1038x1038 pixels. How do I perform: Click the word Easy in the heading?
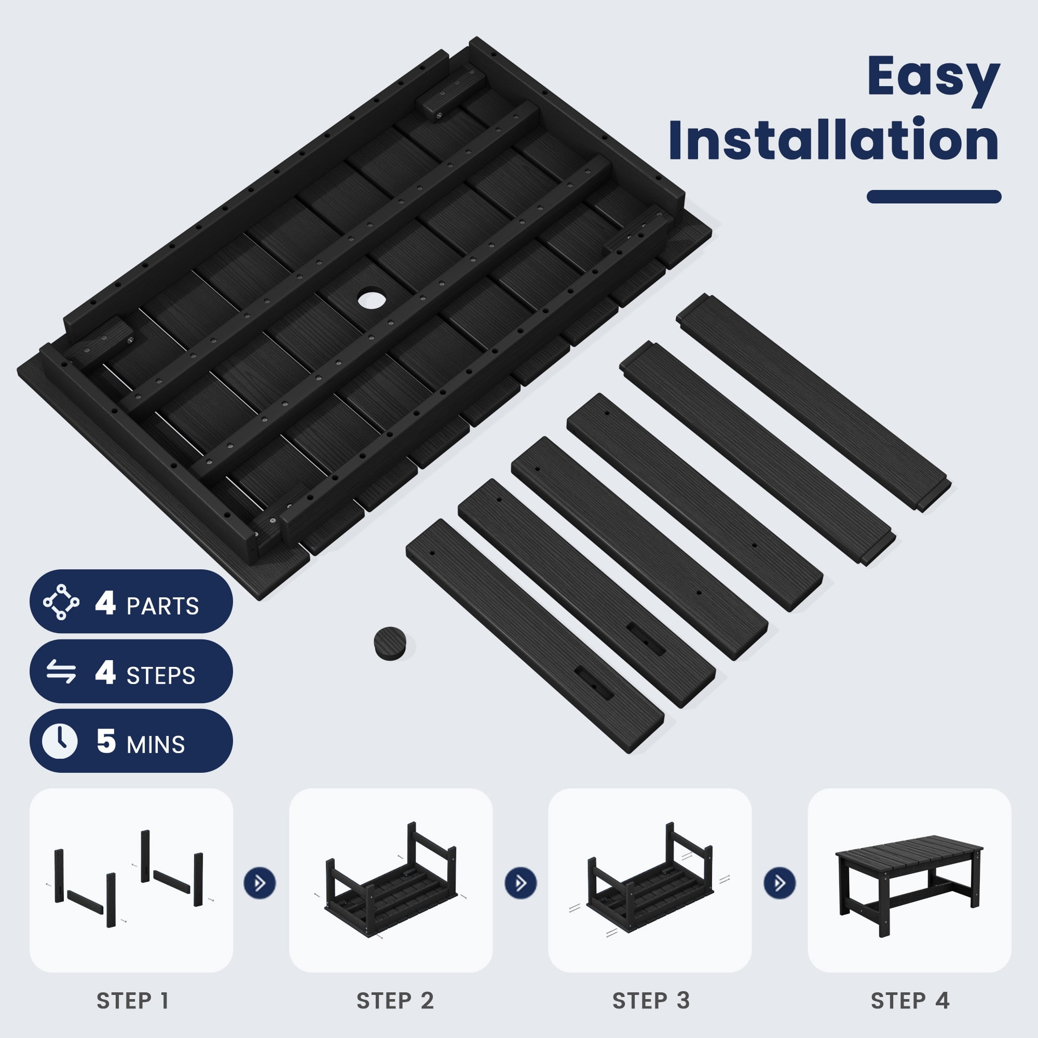pyautogui.click(x=933, y=79)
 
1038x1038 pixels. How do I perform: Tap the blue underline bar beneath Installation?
pyautogui.click(x=934, y=197)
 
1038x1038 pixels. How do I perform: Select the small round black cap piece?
pyautogui.click(x=390, y=643)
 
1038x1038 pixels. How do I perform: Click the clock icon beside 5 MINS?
pyautogui.click(x=60, y=742)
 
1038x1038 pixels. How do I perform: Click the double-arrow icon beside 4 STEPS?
pyautogui.click(x=61, y=672)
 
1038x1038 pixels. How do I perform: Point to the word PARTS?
pyautogui.click(x=162, y=606)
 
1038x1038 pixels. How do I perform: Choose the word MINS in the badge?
pyautogui.click(x=156, y=745)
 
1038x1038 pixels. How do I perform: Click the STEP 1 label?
pyautogui.click(x=133, y=1001)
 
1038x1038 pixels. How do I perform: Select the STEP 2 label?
pyautogui.click(x=395, y=1001)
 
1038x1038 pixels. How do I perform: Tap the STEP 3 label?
pyautogui.click(x=651, y=1001)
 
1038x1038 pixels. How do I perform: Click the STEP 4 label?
pyautogui.click(x=910, y=1001)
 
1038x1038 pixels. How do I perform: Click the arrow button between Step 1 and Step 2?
pyautogui.click(x=260, y=883)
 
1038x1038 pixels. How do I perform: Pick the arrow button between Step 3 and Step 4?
pyautogui.click(x=780, y=883)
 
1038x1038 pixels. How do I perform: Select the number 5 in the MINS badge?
pyautogui.click(x=106, y=742)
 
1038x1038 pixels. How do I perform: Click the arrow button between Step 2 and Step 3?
pyautogui.click(x=521, y=883)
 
